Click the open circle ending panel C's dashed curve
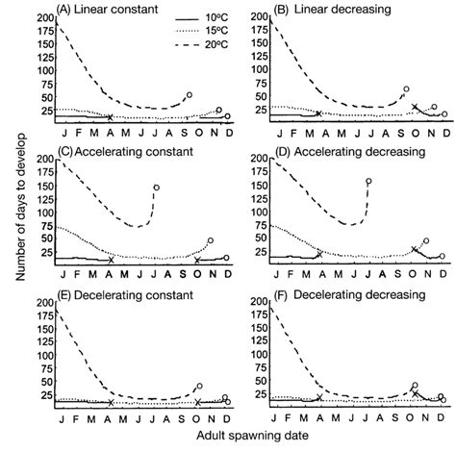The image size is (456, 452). coord(156,188)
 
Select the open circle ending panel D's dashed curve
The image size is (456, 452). coord(368,181)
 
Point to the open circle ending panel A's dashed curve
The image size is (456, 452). coord(190,95)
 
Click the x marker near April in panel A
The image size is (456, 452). coord(110,117)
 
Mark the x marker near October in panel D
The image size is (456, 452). coord(414,249)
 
